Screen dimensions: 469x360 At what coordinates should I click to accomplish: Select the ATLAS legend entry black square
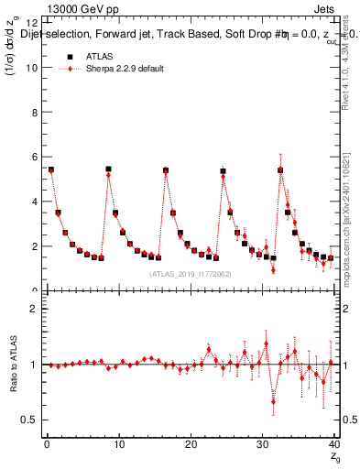(x=70, y=57)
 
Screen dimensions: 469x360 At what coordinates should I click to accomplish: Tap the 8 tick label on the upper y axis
(x=34, y=113)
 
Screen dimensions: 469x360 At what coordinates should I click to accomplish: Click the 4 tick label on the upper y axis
(x=34, y=202)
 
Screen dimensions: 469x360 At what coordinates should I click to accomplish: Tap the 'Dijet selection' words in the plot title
(x=54, y=35)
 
